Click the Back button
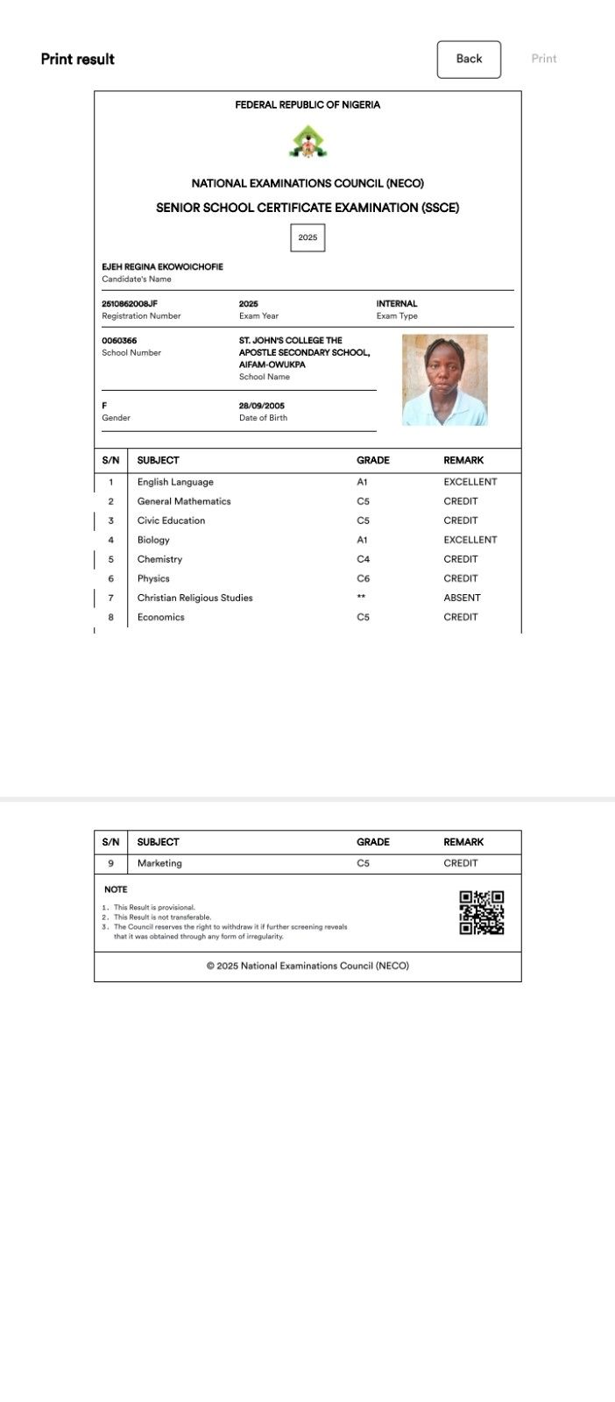[469, 59]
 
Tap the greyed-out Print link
[543, 59]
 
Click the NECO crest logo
[307, 142]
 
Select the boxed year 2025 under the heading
[307, 237]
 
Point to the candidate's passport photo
[444, 380]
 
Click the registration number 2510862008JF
[130, 304]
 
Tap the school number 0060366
[119, 341]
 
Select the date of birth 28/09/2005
[262, 406]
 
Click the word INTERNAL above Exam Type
[397, 304]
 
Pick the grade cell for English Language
[362, 482]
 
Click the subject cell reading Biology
[153, 540]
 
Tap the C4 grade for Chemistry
[363, 559]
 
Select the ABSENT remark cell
[462, 598]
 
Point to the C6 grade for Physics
[363, 578]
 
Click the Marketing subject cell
[159, 863]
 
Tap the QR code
[482, 912]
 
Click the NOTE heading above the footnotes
[116, 889]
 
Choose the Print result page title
[78, 59]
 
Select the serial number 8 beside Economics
[111, 617]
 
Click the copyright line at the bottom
[307, 966]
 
